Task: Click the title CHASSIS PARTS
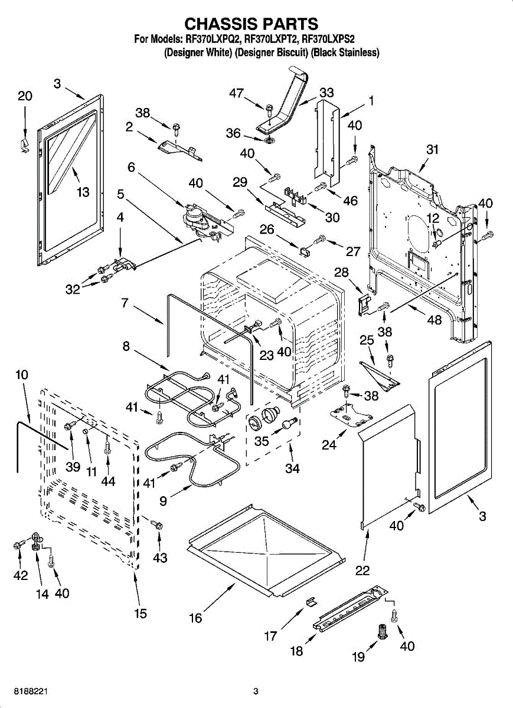[x=251, y=24]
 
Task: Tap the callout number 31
[x=433, y=150]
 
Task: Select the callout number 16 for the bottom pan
[x=195, y=618]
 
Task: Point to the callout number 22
[x=362, y=571]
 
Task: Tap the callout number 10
[x=21, y=375]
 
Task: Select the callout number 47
[x=236, y=93]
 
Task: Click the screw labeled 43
[x=157, y=525]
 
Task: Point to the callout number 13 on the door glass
[x=83, y=192]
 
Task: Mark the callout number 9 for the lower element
[x=164, y=500]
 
